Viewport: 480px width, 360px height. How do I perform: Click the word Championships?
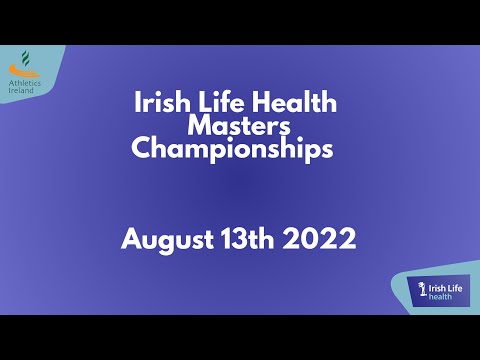pyautogui.click(x=232, y=151)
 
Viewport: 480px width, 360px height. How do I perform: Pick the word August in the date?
pyautogui.click(x=165, y=241)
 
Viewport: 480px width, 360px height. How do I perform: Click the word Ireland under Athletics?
pyautogui.click(x=21, y=90)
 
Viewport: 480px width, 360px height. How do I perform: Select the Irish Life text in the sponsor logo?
pyautogui.click(x=445, y=287)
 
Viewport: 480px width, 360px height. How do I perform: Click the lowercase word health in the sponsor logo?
pyautogui.click(x=441, y=297)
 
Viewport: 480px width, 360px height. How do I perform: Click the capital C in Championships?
pyautogui.click(x=142, y=151)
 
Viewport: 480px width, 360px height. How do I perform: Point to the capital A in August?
pyautogui.click(x=130, y=240)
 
